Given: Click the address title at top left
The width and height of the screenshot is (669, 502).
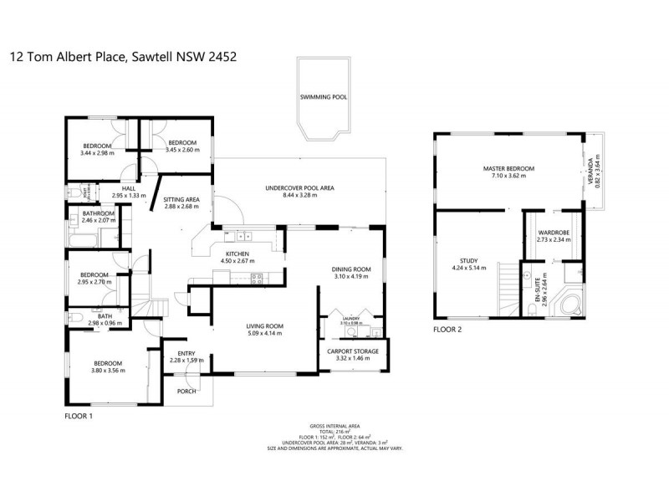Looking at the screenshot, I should pos(123,58).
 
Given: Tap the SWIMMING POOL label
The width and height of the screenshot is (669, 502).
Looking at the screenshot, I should pos(324,97).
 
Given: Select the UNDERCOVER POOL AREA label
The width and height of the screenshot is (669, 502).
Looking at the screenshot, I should pos(299,188).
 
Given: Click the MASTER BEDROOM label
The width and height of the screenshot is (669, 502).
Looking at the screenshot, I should pos(508,169).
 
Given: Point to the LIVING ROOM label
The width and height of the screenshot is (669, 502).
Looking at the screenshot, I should pos(264,325).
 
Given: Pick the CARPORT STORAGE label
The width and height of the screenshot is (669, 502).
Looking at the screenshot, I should pos(350,351).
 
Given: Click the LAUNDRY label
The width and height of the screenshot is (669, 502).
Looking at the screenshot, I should pos(351,319).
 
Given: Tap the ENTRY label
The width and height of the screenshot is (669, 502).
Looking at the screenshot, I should pos(186,353).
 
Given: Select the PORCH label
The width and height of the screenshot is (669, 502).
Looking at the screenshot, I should pos(186,391).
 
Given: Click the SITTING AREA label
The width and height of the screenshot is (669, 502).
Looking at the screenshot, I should pos(181,199).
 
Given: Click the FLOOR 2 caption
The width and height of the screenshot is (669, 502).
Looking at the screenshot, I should pos(447,330).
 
